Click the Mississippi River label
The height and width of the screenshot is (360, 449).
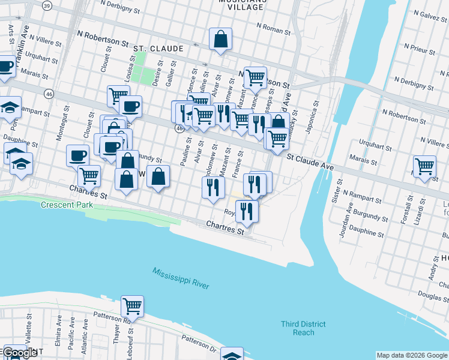181,278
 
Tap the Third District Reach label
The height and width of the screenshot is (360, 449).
303,328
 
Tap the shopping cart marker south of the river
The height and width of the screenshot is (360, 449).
132,306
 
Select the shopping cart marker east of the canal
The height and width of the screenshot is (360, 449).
424,166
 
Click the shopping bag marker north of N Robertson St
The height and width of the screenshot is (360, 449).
221,39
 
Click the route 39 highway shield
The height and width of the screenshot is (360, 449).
47,5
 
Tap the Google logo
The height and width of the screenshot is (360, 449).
20,352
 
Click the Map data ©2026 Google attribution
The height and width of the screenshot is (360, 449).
411,355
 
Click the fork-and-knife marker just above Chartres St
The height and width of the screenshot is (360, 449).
246,211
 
